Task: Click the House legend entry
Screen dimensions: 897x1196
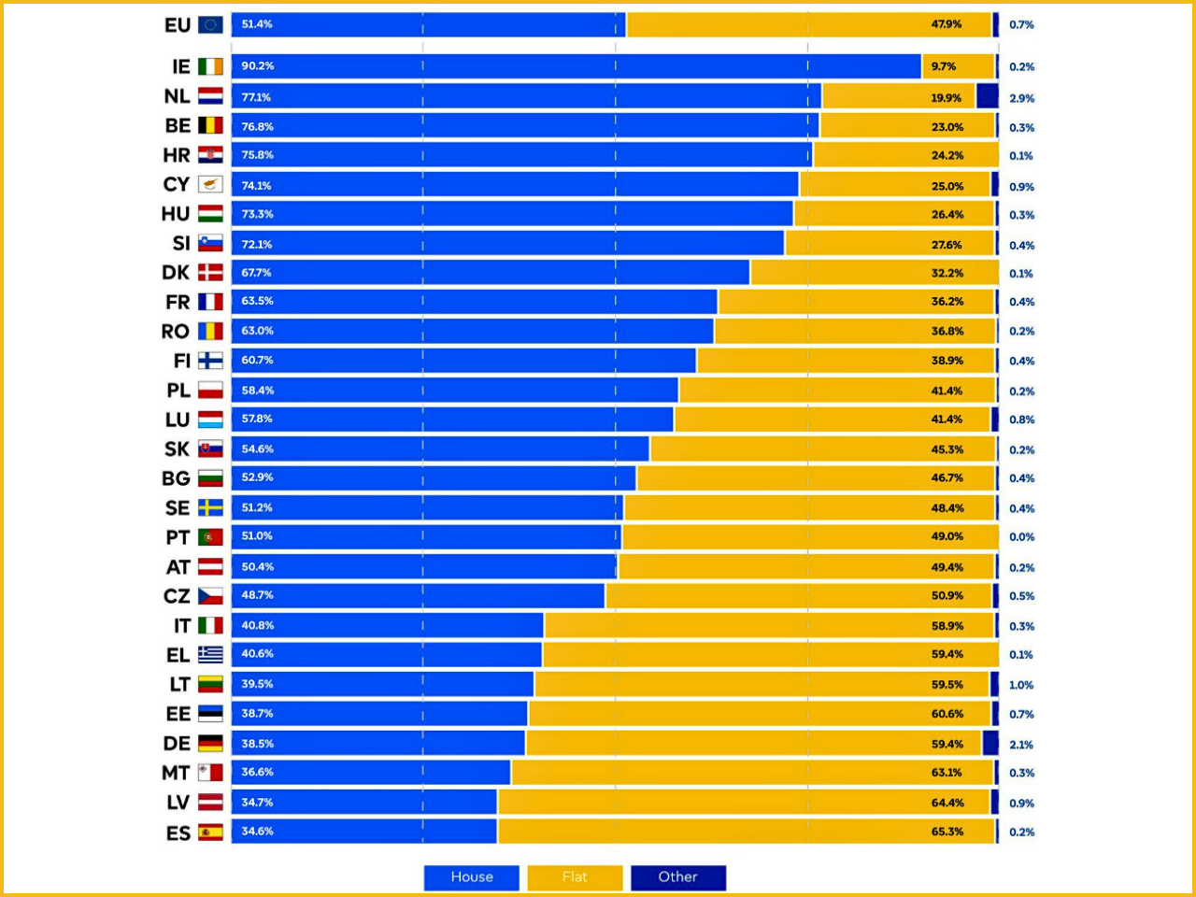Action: coord(472,877)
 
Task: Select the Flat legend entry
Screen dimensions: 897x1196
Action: coord(575,877)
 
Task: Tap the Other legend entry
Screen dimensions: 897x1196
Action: coord(677,877)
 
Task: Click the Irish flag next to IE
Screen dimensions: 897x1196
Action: coord(210,66)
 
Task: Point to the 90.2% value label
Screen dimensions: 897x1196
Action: coord(258,66)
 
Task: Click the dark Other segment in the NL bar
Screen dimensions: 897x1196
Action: coord(987,96)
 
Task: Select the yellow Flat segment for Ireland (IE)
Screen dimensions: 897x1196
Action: coord(958,66)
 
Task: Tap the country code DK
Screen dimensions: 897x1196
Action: coord(176,273)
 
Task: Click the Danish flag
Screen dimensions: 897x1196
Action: coord(210,273)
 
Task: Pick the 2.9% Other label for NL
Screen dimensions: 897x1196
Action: coord(1021,98)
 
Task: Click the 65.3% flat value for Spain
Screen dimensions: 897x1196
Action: coord(947,832)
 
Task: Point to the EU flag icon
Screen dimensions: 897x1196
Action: coord(210,25)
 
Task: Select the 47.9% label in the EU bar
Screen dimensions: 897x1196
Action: coord(947,25)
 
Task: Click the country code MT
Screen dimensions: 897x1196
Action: coord(176,773)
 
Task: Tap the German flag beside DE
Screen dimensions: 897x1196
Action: coord(210,744)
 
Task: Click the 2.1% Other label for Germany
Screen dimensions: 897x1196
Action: coord(1021,745)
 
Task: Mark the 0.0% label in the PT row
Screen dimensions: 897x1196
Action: coord(1021,537)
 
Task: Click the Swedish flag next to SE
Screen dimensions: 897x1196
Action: coord(210,508)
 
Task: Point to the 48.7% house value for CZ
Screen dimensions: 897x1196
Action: coord(258,595)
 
